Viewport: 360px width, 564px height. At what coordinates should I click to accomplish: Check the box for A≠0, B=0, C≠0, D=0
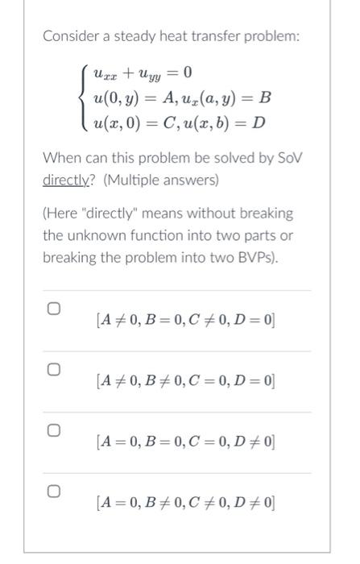(x=53, y=309)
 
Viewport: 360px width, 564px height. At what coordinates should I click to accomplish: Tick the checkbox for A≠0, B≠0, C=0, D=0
(x=53, y=370)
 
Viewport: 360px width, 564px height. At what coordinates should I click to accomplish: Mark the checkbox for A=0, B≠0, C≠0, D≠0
(x=53, y=489)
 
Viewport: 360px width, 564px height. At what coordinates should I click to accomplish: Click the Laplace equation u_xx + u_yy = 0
(x=142, y=73)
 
